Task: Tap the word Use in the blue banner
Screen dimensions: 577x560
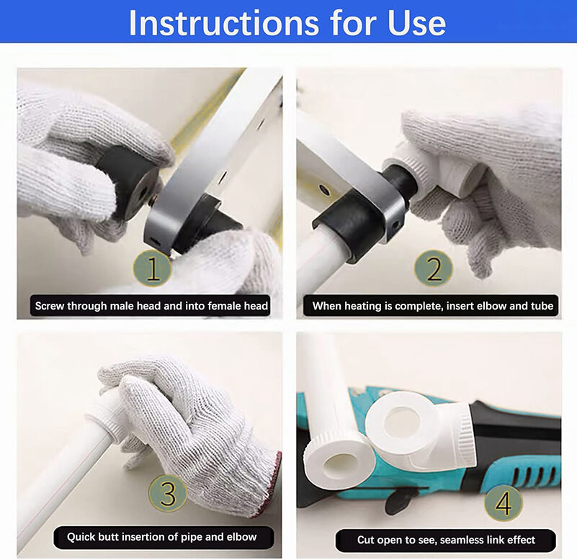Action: (x=416, y=23)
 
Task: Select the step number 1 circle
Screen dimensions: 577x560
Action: (x=152, y=268)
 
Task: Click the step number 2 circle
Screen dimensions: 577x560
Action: (x=434, y=268)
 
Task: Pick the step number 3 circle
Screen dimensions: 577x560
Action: (x=168, y=493)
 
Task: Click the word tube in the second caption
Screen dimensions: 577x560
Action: (x=542, y=306)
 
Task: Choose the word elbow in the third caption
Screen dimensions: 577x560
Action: (x=242, y=537)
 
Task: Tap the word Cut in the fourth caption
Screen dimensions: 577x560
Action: (x=365, y=540)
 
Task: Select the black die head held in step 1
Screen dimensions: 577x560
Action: (x=127, y=184)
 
